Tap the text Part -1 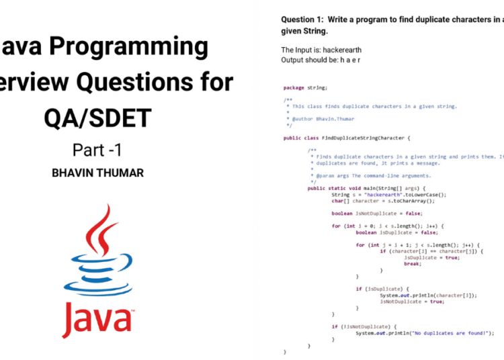pos(97,149)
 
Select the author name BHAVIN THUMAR pos(97,173)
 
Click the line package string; pos(305,87)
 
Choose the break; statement pos(413,263)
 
